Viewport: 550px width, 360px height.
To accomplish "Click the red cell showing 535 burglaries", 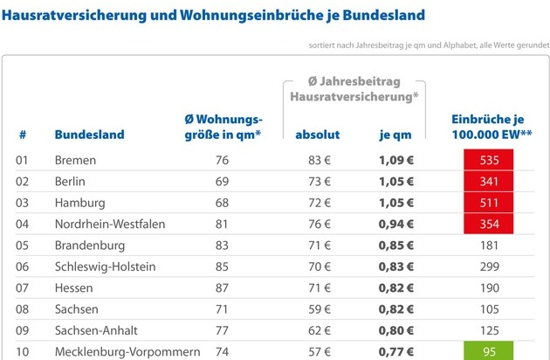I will [488, 161].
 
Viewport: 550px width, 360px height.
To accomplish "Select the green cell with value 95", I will [488, 352].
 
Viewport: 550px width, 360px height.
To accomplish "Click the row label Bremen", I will [75, 161].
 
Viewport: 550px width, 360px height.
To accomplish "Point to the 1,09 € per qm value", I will [395, 161].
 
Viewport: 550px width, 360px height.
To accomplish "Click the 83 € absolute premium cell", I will [319, 161].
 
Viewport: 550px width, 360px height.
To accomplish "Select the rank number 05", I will [23, 246].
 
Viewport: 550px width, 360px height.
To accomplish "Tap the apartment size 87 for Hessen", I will [222, 288].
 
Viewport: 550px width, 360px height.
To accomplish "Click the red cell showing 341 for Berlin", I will [488, 182].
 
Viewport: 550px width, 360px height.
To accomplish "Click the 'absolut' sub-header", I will [318, 135].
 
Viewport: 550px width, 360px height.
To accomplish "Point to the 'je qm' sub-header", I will [395, 135].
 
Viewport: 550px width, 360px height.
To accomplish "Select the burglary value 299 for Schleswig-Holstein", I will [488, 267].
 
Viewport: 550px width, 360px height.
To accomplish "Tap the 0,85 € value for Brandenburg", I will [395, 246].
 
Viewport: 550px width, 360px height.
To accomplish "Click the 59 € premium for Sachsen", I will [319, 309].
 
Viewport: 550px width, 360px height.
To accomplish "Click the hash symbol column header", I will [23, 135].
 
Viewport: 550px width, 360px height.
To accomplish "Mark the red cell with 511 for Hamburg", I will [488, 204].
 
